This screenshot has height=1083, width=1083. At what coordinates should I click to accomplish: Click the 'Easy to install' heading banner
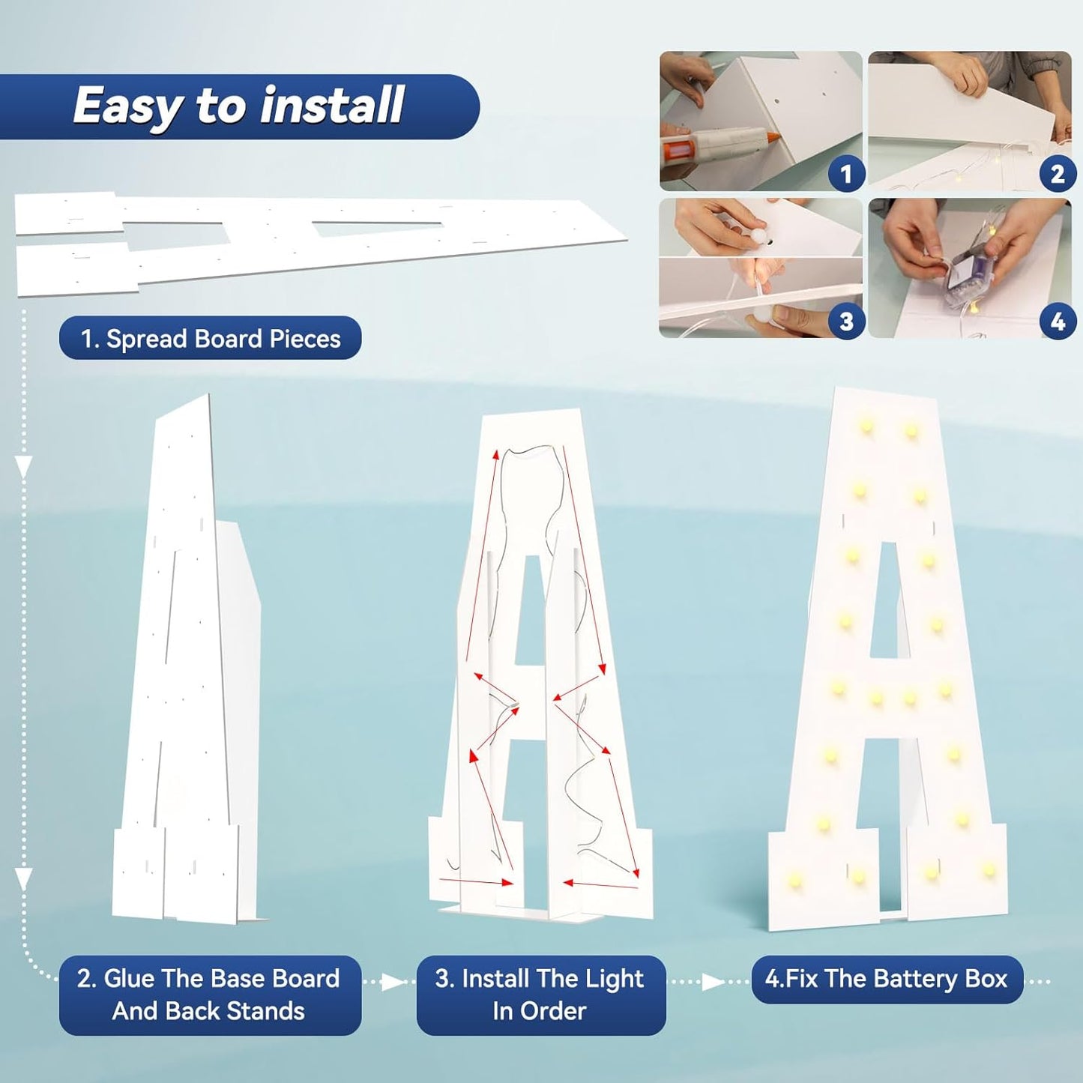(239, 106)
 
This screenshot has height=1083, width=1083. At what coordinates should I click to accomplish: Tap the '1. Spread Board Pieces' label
(210, 338)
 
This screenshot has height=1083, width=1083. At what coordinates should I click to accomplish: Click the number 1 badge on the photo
(846, 174)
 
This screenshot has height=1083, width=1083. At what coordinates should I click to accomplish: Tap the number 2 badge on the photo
(1057, 174)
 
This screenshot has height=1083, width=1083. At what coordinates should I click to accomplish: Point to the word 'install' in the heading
(331, 105)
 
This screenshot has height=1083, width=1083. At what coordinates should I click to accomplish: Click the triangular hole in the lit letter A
(889, 600)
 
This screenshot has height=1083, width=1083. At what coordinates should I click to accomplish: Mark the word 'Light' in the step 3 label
(614, 980)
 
